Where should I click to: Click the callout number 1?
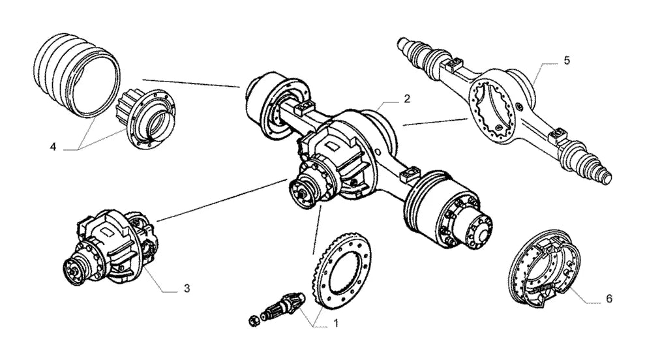[336, 323]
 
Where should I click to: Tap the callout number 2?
[407, 98]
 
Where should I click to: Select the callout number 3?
[187, 288]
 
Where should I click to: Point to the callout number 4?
[53, 147]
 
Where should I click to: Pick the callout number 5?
[567, 61]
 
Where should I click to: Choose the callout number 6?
[609, 298]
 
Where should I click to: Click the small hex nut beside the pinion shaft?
[254, 320]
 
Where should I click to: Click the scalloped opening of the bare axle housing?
[493, 112]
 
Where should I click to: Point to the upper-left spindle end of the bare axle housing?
[416, 51]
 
